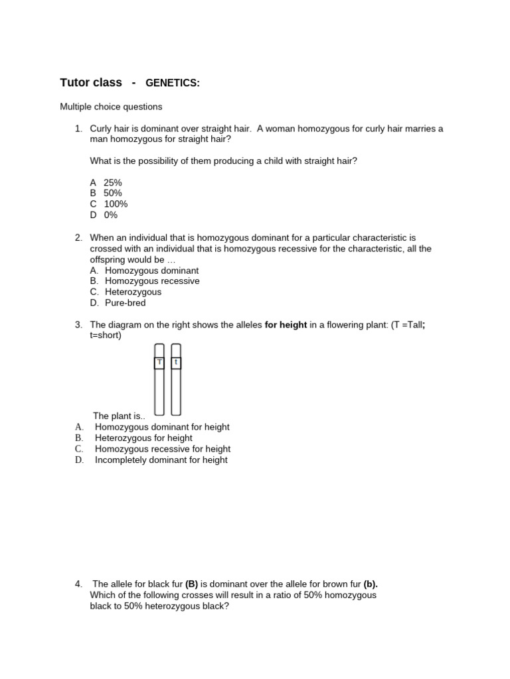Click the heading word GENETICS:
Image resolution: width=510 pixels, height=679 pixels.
(x=172, y=83)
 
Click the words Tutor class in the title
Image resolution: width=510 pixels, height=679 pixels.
(x=91, y=83)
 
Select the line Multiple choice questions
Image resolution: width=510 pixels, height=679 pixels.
(x=111, y=106)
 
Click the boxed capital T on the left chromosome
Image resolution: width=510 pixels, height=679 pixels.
(x=159, y=362)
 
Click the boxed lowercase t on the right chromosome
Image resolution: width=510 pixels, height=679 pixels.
(x=176, y=362)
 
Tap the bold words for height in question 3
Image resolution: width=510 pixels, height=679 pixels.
(x=286, y=324)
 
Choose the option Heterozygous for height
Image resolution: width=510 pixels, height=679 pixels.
(x=143, y=438)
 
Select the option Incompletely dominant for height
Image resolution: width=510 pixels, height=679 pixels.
(x=161, y=460)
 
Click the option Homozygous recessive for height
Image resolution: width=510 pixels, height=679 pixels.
(x=163, y=449)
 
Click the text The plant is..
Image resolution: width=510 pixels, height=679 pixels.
(x=119, y=416)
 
